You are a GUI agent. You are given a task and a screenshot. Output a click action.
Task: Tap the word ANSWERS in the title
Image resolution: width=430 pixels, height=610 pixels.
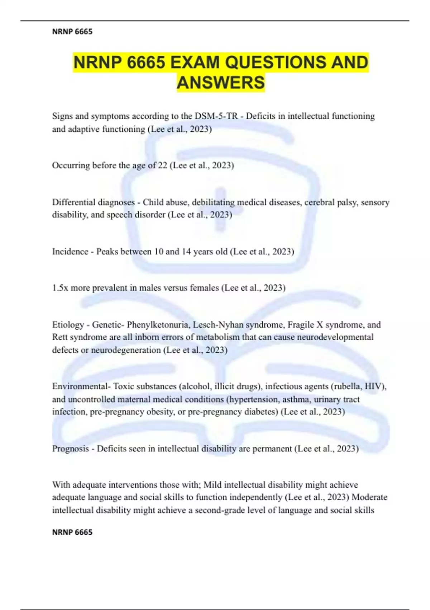221,83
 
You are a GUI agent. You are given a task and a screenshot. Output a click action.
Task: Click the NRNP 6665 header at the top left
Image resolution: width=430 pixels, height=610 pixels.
72,32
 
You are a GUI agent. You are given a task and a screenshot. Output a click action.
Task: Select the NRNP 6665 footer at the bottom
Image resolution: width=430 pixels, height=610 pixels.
72,532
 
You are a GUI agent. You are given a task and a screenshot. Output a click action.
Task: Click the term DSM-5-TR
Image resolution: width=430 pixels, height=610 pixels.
216,116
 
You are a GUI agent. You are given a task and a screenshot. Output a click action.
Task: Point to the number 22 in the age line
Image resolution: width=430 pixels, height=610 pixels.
162,165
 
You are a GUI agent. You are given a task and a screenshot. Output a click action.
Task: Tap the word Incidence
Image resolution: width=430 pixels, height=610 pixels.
70,251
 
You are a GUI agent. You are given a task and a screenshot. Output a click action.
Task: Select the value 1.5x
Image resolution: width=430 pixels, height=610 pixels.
60,288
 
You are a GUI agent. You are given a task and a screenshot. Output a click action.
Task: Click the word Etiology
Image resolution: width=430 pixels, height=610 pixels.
68,325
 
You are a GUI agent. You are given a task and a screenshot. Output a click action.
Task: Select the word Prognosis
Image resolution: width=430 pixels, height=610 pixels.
71,449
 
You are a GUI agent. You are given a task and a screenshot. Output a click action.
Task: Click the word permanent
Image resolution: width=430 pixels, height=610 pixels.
272,449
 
